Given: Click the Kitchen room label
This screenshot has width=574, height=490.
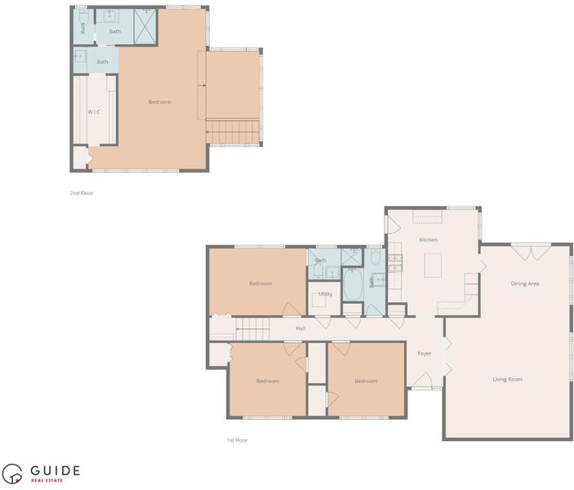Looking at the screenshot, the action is point(428,239).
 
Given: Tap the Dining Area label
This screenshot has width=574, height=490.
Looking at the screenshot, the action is point(524,283).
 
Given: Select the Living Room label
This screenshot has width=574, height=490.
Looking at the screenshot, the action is point(507,380).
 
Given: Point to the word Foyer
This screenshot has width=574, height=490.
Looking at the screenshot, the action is point(425,354).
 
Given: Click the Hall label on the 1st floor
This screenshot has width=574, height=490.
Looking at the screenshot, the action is point(300,328).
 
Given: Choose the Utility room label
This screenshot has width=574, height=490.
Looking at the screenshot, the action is point(325,294).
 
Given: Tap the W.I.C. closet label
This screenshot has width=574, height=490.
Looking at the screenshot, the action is point(94,112).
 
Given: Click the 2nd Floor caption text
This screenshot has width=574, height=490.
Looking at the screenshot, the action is point(82,193).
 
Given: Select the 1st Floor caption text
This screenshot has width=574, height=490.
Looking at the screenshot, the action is point(238,440).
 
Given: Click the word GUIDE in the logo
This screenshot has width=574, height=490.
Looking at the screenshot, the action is point(55,470).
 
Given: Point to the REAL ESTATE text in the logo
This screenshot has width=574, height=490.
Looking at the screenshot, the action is point(47,480).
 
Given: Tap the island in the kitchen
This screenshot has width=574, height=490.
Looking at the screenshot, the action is point(433,265).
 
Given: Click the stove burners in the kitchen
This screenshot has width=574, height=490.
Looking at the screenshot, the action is point(395,263).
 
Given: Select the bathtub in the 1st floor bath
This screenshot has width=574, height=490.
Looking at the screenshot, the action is point(353,284).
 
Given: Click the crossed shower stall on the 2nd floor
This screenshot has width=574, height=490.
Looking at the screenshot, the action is point(145,26).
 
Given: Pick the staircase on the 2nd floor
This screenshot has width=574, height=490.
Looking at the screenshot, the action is point(233,131).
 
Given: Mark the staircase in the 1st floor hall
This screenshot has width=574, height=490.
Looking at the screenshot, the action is point(252,329).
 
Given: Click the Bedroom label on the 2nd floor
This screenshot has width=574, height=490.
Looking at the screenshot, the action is point(159,102).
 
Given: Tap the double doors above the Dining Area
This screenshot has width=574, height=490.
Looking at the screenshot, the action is point(531,252).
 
